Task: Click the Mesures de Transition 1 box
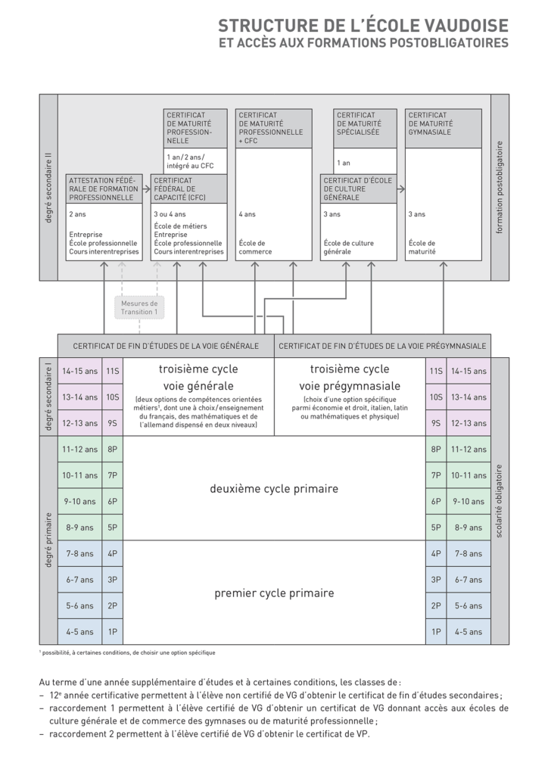point(139,307)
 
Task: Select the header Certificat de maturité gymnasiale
point(443,128)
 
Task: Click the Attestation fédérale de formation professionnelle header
point(104,188)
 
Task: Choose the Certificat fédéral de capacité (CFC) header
point(188,188)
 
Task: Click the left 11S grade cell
point(113,371)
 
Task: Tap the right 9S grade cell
point(436,423)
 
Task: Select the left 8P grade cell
point(113,449)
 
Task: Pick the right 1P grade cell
point(436,631)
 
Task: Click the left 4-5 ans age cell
point(80,631)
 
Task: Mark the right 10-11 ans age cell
point(467,475)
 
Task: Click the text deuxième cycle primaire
point(274,489)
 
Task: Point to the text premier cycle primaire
point(274,593)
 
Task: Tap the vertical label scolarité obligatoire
point(500,501)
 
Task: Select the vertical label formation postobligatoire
point(500,187)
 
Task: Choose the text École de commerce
point(255,247)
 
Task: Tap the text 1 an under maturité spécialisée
point(344,163)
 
